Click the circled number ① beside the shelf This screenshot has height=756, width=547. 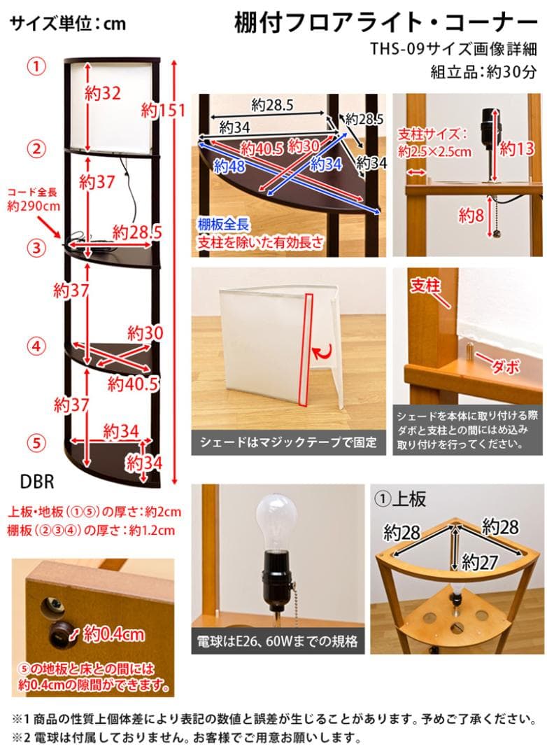point(36,66)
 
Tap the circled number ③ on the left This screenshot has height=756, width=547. point(36,247)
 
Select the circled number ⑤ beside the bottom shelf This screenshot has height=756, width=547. point(36,442)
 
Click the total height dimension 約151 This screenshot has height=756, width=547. point(163,110)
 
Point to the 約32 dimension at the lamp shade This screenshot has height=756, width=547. point(102,93)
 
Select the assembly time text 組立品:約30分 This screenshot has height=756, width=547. point(483,71)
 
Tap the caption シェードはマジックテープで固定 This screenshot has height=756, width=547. point(288,442)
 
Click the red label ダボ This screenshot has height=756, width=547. point(505,366)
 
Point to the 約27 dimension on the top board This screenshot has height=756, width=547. point(479,561)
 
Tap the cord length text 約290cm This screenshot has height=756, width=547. point(34,206)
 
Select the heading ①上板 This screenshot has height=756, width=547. point(401,499)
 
